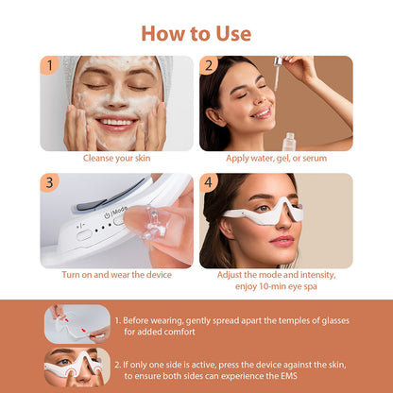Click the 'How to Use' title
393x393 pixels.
click(x=196, y=33)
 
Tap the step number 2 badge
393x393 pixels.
click(x=209, y=65)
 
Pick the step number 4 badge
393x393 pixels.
click(x=209, y=182)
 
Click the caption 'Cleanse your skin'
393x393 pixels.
click(x=116, y=158)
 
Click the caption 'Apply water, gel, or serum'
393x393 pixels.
click(x=276, y=158)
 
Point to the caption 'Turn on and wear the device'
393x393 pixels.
click(x=116, y=275)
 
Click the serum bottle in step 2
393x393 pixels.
click(x=289, y=139)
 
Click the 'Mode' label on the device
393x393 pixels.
click(x=117, y=210)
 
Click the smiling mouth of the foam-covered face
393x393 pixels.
click(x=116, y=122)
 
